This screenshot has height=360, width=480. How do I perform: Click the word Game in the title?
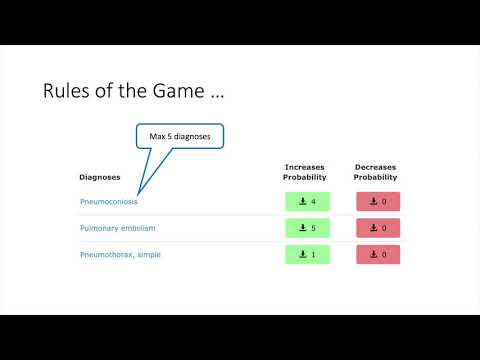point(179,92)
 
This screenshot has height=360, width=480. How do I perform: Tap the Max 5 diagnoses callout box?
point(181,135)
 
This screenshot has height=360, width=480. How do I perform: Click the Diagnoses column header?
point(100,177)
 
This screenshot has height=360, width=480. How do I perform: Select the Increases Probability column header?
point(304,172)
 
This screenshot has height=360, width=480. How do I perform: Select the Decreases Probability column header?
point(375,172)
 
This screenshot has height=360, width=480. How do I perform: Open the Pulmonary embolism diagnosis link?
point(117,228)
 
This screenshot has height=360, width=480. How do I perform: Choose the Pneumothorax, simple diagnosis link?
point(120,254)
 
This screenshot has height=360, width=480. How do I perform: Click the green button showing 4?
point(307,202)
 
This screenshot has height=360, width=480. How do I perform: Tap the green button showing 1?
point(307,254)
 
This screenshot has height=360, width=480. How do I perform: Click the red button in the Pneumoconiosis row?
point(378,202)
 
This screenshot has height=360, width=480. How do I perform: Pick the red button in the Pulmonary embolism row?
point(378,228)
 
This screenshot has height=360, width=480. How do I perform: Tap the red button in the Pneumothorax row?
point(378,254)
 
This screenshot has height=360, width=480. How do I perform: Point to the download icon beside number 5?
point(302,228)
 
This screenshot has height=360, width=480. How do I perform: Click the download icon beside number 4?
point(302,202)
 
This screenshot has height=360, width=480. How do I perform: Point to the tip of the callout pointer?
point(139,192)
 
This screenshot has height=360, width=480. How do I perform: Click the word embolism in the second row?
point(137,228)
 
